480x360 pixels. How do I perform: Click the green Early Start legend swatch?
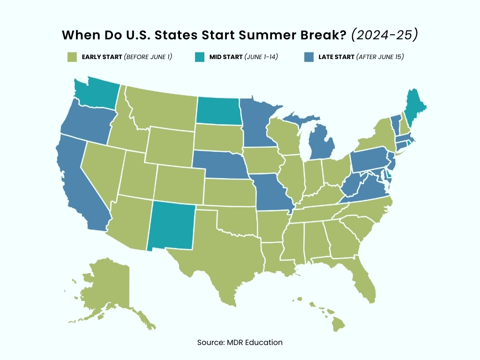coord(72,57)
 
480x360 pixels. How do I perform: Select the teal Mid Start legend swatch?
coord(199,57)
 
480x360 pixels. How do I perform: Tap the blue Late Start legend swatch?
coord(308,57)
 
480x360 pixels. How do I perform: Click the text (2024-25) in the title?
coord(385,35)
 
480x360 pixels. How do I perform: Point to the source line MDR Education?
coord(240,342)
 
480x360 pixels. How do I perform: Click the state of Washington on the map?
coord(96,94)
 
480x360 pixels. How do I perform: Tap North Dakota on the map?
coord(218,111)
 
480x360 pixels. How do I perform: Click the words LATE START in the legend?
coord(336,57)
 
